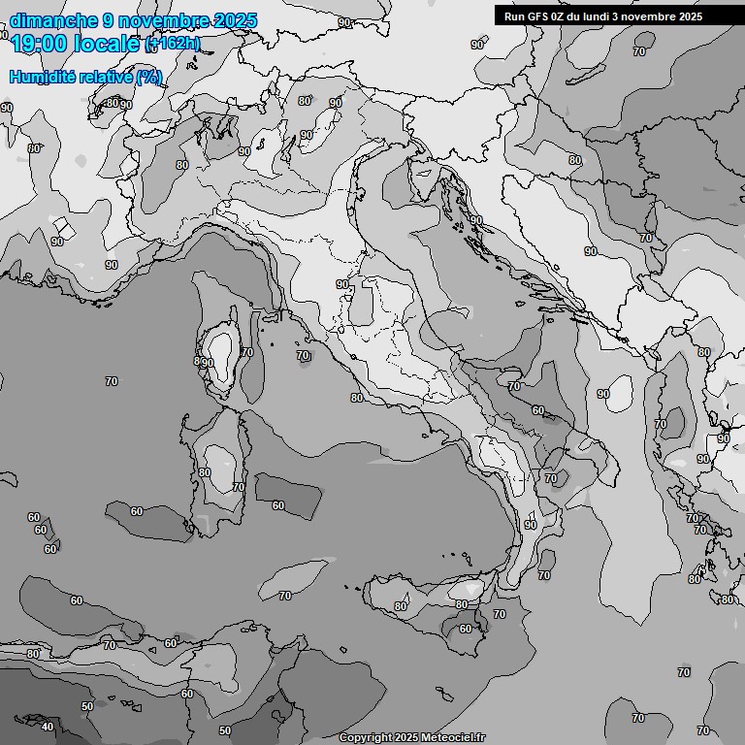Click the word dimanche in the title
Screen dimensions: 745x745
[53, 20]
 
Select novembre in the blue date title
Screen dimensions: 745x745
[164, 20]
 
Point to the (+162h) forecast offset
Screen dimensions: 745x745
[173, 44]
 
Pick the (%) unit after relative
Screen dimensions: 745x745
[148, 77]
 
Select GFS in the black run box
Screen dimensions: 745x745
[537, 16]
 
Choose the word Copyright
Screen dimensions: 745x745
[366, 738]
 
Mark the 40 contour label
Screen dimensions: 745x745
[48, 727]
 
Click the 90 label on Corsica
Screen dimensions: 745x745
[207, 363]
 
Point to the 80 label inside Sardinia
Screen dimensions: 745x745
[204, 473]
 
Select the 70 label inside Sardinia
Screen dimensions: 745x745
[239, 487]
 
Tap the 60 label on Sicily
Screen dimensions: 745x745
[465, 629]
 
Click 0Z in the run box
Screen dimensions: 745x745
[562, 16]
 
